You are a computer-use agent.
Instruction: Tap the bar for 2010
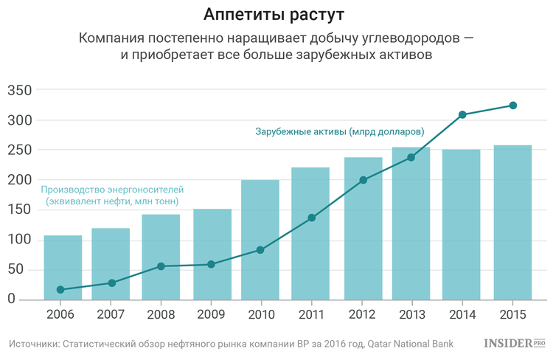click(x=260, y=240)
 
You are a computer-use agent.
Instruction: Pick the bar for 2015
click(x=512, y=221)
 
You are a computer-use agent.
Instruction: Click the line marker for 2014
click(x=462, y=114)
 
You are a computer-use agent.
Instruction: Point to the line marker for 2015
click(x=513, y=105)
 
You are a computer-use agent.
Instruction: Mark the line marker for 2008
click(x=161, y=266)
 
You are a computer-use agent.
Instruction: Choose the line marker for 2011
click(x=311, y=218)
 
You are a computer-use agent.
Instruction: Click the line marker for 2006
click(x=60, y=289)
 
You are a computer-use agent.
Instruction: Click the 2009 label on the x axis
click(x=212, y=315)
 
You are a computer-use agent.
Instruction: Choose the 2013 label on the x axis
click(x=411, y=315)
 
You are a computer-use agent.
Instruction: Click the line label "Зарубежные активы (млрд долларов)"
click(x=340, y=131)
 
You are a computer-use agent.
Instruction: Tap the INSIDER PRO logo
click(x=514, y=344)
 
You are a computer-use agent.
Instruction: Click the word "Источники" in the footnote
click(x=33, y=344)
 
